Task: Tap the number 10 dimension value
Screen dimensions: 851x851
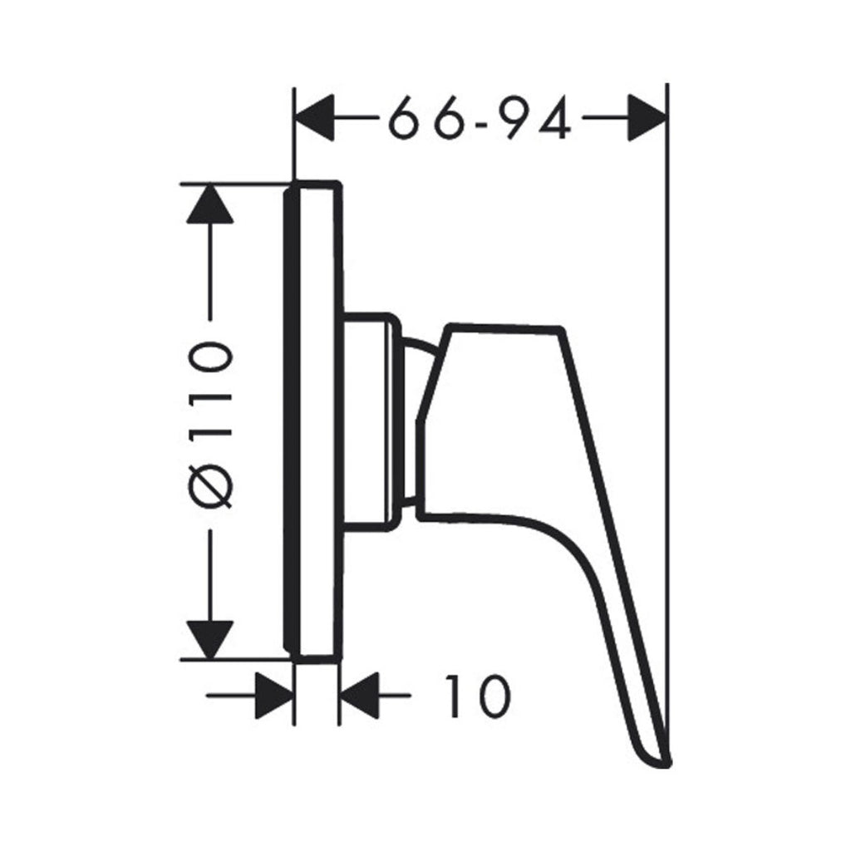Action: [x=475, y=696]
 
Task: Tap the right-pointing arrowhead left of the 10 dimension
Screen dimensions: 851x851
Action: [x=275, y=696]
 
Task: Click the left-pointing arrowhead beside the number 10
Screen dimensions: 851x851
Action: [x=358, y=696]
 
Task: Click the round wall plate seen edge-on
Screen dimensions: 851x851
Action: [x=314, y=422]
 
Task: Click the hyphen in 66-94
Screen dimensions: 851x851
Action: [x=480, y=117]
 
